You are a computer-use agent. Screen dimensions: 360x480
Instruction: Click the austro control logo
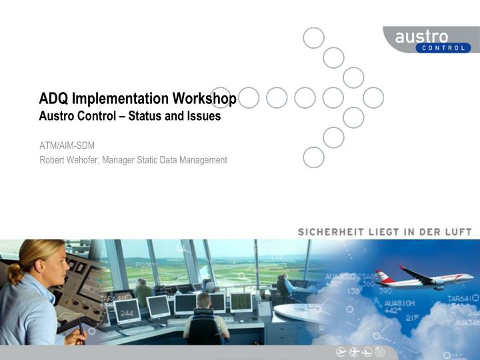431,39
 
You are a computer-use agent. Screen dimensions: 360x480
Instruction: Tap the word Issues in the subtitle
204,116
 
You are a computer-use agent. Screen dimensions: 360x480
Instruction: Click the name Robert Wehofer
69,160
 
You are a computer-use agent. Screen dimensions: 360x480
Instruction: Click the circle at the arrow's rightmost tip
373,97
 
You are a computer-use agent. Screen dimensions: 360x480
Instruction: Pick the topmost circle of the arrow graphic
313,37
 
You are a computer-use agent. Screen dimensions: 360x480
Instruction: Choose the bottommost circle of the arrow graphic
313,157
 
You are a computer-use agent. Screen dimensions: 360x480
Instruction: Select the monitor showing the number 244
127,311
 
